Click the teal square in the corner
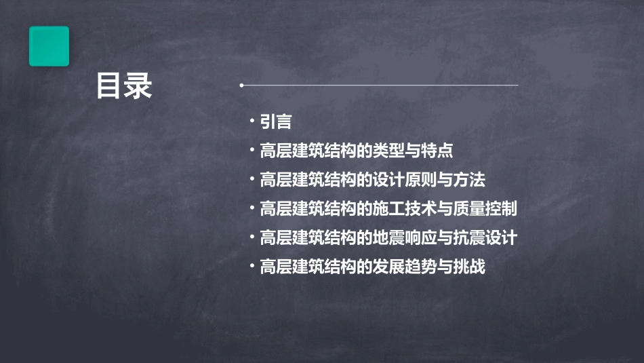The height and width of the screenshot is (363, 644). coord(49,46)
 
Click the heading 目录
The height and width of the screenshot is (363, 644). coord(124,86)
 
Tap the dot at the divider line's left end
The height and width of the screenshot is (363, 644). coord(241,85)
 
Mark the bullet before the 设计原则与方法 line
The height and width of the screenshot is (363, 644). coord(252,179)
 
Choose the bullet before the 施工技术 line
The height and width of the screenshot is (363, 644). coord(252,208)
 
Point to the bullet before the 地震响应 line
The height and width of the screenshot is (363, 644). coord(252,237)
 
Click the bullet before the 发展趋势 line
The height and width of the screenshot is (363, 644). coord(252,267)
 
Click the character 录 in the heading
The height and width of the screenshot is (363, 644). coord(139,86)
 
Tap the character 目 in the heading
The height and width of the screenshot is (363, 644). coord(109,86)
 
